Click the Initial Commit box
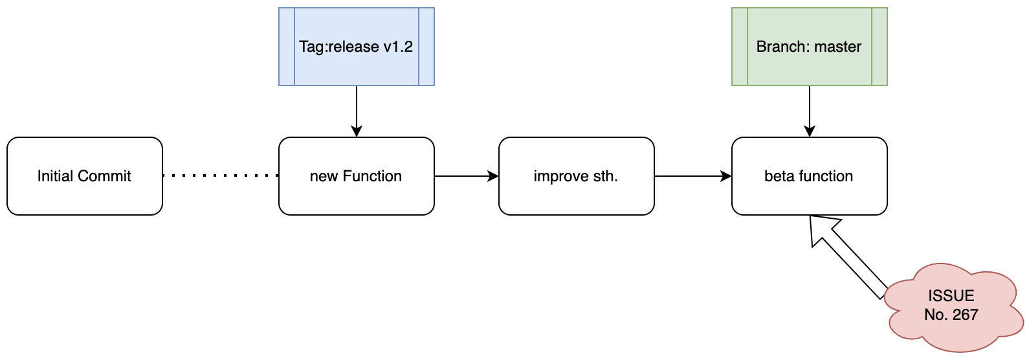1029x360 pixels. [84, 176]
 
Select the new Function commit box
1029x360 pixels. [356, 176]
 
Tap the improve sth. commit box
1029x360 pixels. [576, 176]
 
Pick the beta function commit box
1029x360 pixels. [809, 176]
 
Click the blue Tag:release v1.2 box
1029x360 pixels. [356, 47]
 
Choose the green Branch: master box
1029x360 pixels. [809, 47]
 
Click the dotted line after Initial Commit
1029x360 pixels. [220, 175]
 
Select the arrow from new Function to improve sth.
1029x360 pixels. [466, 176]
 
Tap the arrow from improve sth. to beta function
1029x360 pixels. [692, 176]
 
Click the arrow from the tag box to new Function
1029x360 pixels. [357, 111]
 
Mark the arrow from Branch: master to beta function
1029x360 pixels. [810, 111]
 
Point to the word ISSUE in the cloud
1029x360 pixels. [951, 296]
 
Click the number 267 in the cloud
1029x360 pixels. [965, 315]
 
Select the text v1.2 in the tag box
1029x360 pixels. [397, 47]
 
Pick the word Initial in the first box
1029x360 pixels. [56, 176]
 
